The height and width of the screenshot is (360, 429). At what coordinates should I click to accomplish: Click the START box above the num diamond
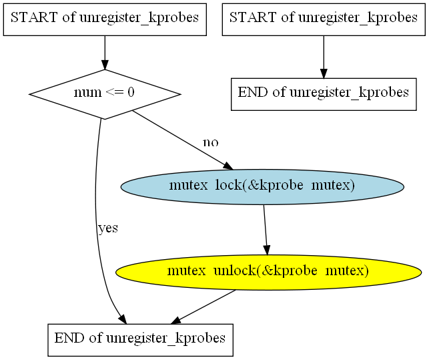pyautogui.click(x=105, y=18)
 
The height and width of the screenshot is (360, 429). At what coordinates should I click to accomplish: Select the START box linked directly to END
pyautogui.click(x=324, y=18)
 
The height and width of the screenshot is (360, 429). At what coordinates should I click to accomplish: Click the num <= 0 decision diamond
pyautogui.click(x=105, y=93)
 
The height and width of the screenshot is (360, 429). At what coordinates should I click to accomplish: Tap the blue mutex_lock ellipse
pyautogui.click(x=262, y=186)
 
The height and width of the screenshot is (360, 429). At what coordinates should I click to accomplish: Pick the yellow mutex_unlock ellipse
pyautogui.click(x=268, y=271)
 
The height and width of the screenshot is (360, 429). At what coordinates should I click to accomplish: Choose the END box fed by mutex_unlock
pyautogui.click(x=140, y=339)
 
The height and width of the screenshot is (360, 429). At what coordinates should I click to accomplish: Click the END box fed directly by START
pyautogui.click(x=324, y=93)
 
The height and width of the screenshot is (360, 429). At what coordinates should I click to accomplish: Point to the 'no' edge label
pyautogui.click(x=210, y=142)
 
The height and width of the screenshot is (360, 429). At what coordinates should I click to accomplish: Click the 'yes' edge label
pyautogui.click(x=107, y=228)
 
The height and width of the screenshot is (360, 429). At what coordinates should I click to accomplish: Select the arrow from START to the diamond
pyautogui.click(x=105, y=52)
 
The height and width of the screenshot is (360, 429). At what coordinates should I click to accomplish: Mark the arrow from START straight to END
pyautogui.click(x=324, y=56)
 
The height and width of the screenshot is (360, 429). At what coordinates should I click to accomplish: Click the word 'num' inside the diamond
pyautogui.click(x=85, y=93)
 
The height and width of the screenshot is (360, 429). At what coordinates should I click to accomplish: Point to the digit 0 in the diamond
pyautogui.click(x=131, y=93)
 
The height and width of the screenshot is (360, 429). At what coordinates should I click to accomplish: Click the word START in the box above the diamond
pyautogui.click(x=33, y=18)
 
